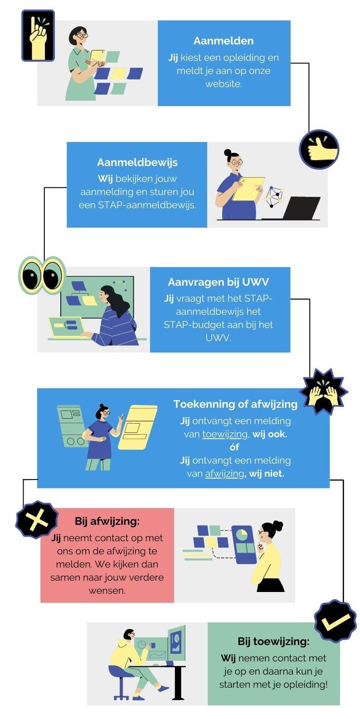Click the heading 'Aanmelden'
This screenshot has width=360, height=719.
pyautogui.click(x=223, y=41)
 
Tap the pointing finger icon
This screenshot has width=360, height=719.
pyautogui.click(x=38, y=35)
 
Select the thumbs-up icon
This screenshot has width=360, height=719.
pyautogui.click(x=319, y=149)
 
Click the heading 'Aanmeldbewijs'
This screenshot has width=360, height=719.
pyautogui.click(x=137, y=162)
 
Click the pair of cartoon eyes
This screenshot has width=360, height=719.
pyautogui.click(x=42, y=275)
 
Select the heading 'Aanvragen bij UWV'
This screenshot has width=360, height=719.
pyautogui.click(x=218, y=282)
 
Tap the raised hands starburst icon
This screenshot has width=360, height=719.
pyautogui.click(x=323, y=391)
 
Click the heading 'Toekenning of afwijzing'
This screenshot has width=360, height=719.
pyautogui.click(x=235, y=404)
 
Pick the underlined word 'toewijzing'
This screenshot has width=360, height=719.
pyautogui.click(x=225, y=434)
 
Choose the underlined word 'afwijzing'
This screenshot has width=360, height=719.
pyautogui.click(x=224, y=474)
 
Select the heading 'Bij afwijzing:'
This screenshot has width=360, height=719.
pyautogui.click(x=107, y=521)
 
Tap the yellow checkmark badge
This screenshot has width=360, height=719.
pyautogui.click(x=335, y=621)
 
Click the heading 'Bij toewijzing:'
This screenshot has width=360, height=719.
pyautogui.click(x=273, y=641)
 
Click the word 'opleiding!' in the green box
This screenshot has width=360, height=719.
pyautogui.click(x=306, y=684)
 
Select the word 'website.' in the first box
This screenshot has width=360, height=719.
pyautogui.click(x=223, y=84)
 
